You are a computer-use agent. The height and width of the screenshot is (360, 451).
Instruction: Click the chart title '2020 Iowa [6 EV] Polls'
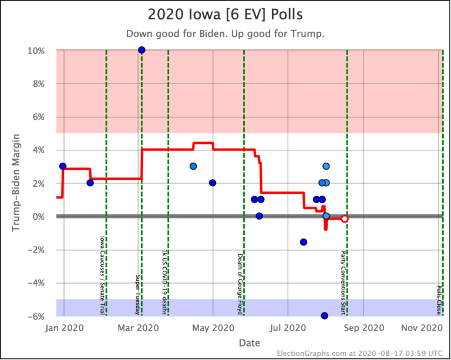[225, 14]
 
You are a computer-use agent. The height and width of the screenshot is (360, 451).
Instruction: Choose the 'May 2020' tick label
[213, 328]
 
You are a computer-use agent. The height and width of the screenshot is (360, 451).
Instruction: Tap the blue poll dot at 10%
[142, 50]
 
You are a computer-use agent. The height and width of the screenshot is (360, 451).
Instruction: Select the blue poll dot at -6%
[324, 315]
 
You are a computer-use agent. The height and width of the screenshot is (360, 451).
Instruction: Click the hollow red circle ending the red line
[345, 218]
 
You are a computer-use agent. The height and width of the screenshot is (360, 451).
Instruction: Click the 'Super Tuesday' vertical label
[137, 293]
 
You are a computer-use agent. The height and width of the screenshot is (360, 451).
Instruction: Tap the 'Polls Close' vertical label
[439, 300]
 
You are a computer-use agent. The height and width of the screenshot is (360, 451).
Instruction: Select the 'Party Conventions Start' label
[343, 282]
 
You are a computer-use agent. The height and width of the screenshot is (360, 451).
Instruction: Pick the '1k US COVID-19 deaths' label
[164, 281]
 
